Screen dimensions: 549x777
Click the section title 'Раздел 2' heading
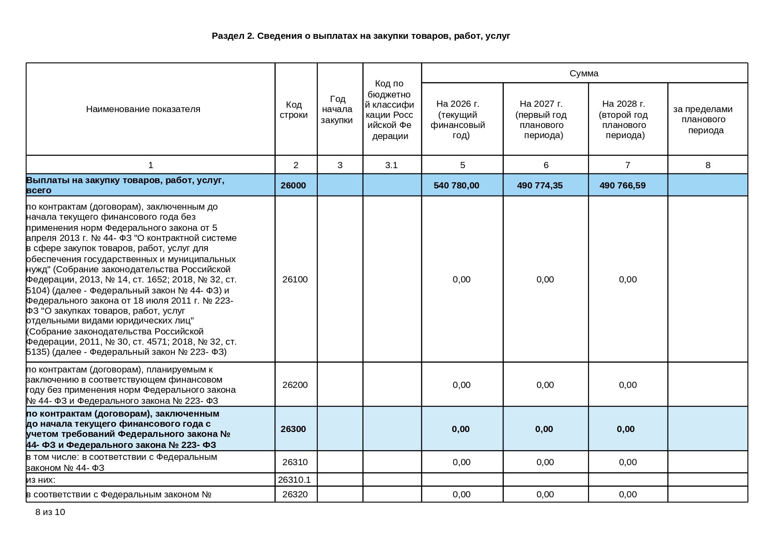click(360, 36)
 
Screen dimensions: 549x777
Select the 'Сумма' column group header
click(584, 73)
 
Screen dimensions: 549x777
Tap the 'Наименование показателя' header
click(143, 109)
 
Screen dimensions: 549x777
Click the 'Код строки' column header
click(294, 109)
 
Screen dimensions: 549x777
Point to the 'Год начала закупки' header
click(337, 109)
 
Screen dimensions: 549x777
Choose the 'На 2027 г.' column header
click(541, 119)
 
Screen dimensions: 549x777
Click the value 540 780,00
click(456, 185)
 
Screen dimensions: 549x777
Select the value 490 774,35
click(540, 185)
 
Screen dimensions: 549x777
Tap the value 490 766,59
click(622, 185)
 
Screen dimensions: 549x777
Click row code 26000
click(293, 185)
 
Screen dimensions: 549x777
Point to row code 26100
click(295, 279)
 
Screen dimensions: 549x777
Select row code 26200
click(295, 385)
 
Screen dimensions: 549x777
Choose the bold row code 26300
click(293, 429)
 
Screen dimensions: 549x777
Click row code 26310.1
click(294, 480)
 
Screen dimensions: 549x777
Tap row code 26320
click(295, 494)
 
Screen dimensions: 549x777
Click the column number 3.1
click(391, 165)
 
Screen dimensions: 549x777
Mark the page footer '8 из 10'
click(50, 512)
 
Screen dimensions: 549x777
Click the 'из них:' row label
click(41, 480)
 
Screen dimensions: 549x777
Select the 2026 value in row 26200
click(462, 385)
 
